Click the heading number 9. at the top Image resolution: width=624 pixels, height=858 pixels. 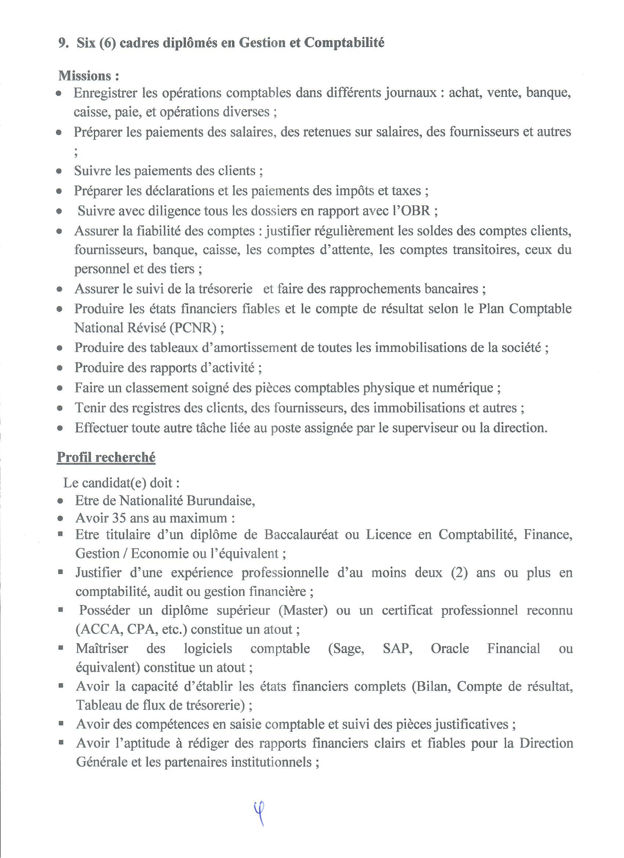point(64,43)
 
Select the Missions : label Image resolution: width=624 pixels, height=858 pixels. point(89,76)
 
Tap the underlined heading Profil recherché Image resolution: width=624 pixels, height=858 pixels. point(106,457)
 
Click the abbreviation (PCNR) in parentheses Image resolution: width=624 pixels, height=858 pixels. point(193,328)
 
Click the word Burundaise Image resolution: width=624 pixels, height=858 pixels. point(221,501)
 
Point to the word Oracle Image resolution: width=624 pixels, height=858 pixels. point(450,648)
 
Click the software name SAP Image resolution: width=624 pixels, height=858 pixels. point(397,648)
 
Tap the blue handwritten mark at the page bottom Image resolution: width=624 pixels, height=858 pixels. point(259,813)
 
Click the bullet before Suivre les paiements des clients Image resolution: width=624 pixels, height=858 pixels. point(59,171)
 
